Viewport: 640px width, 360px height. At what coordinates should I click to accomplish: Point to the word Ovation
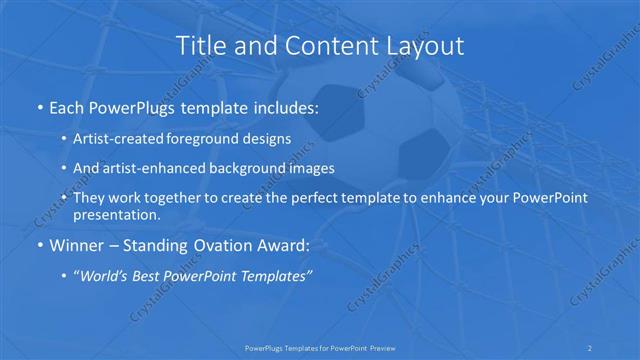click(x=217, y=245)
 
